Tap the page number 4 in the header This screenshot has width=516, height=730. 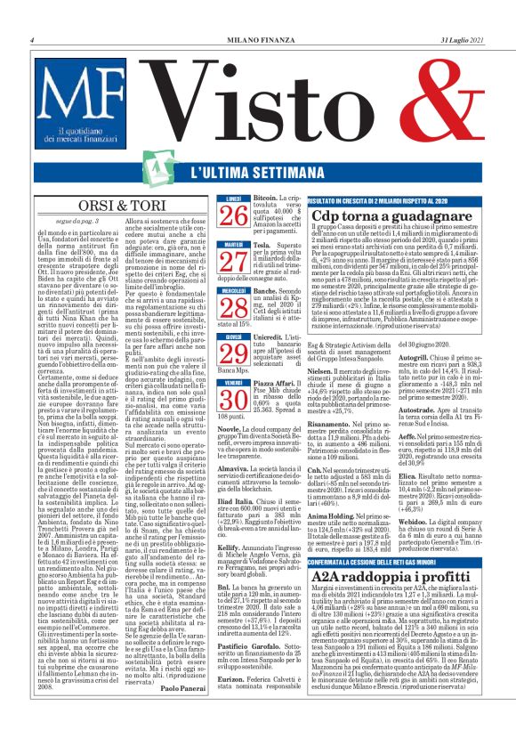tap(32, 40)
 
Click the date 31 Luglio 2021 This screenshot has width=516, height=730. tap(463, 40)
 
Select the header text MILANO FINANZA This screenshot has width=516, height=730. tap(257, 40)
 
